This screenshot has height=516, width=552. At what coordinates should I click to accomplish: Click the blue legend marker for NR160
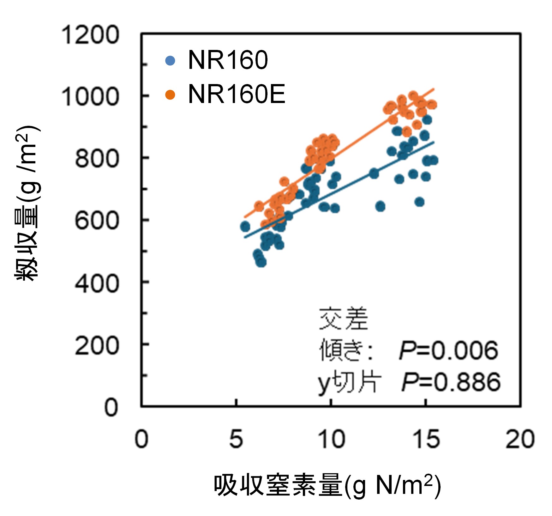pos(170,60)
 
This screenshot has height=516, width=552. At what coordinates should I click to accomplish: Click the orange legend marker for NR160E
pos(170,94)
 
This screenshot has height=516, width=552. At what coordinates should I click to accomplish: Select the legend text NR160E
pos(237,94)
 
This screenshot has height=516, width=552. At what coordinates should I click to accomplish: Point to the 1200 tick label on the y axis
pos(90,35)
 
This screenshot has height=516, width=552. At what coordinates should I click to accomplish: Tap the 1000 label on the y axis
pos(90,96)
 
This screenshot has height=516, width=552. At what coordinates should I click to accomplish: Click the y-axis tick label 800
pos(97,158)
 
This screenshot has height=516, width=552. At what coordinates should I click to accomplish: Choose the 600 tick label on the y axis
pos(97,220)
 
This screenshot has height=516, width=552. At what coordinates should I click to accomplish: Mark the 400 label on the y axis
pos(97,283)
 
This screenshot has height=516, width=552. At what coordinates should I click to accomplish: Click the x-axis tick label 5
pos(236,439)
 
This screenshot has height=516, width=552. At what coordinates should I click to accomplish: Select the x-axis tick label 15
pos(426,439)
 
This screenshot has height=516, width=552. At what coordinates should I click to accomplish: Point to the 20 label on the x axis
pos(520,439)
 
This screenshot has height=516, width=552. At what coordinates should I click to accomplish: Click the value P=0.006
pos(448,351)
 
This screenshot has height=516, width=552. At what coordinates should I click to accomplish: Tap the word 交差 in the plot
pos(344,319)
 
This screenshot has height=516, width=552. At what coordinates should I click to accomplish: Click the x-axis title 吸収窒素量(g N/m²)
pos(327,485)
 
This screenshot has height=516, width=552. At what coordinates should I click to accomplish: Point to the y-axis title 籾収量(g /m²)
pos(27,202)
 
